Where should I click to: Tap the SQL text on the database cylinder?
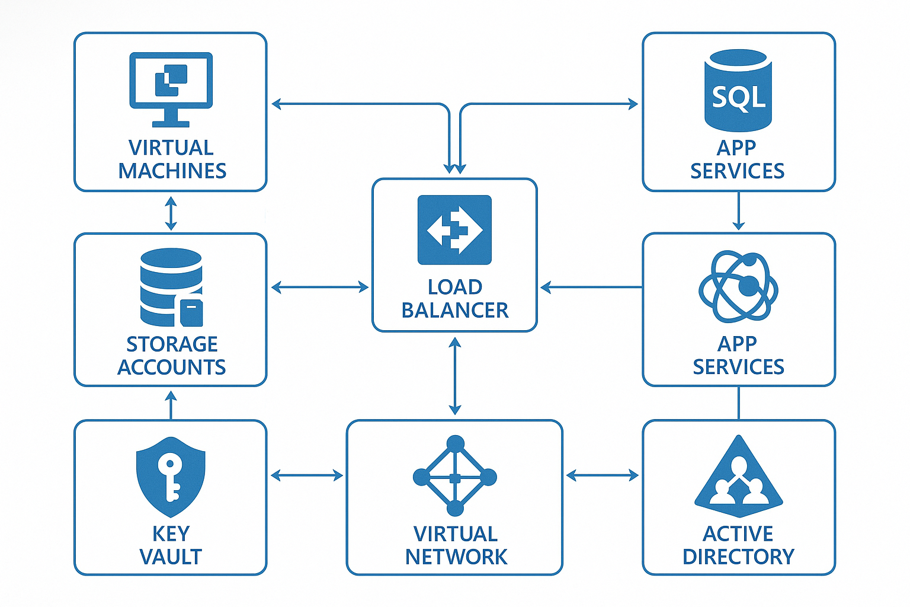coord(738,97)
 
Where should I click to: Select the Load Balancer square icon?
coord(454,229)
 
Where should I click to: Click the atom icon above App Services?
coord(738,286)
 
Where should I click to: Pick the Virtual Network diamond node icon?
coord(454,476)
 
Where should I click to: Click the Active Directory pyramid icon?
coord(738,476)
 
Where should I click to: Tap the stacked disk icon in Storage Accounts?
coord(171,287)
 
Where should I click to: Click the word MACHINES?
coord(172,171)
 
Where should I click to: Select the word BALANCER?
coord(454,310)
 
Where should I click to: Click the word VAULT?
coord(171,557)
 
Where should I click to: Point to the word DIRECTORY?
coord(738,557)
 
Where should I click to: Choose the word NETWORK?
coord(456,557)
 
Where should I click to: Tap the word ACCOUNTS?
coord(171,367)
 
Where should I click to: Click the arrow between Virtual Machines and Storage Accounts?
coord(171,213)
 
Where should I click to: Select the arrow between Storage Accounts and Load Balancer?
coord(319,287)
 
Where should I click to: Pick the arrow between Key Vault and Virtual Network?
coord(306,475)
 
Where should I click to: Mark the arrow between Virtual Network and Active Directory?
coord(602,475)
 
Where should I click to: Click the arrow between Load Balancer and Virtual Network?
coord(454,376)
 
